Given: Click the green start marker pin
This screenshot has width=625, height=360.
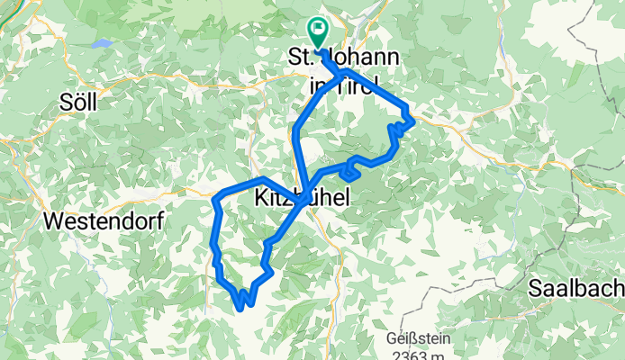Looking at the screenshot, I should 318,31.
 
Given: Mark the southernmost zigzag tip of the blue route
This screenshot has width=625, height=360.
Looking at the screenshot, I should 240,309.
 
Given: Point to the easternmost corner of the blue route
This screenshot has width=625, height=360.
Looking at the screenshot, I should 413,117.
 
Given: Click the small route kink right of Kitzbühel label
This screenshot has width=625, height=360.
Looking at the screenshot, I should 347,171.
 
